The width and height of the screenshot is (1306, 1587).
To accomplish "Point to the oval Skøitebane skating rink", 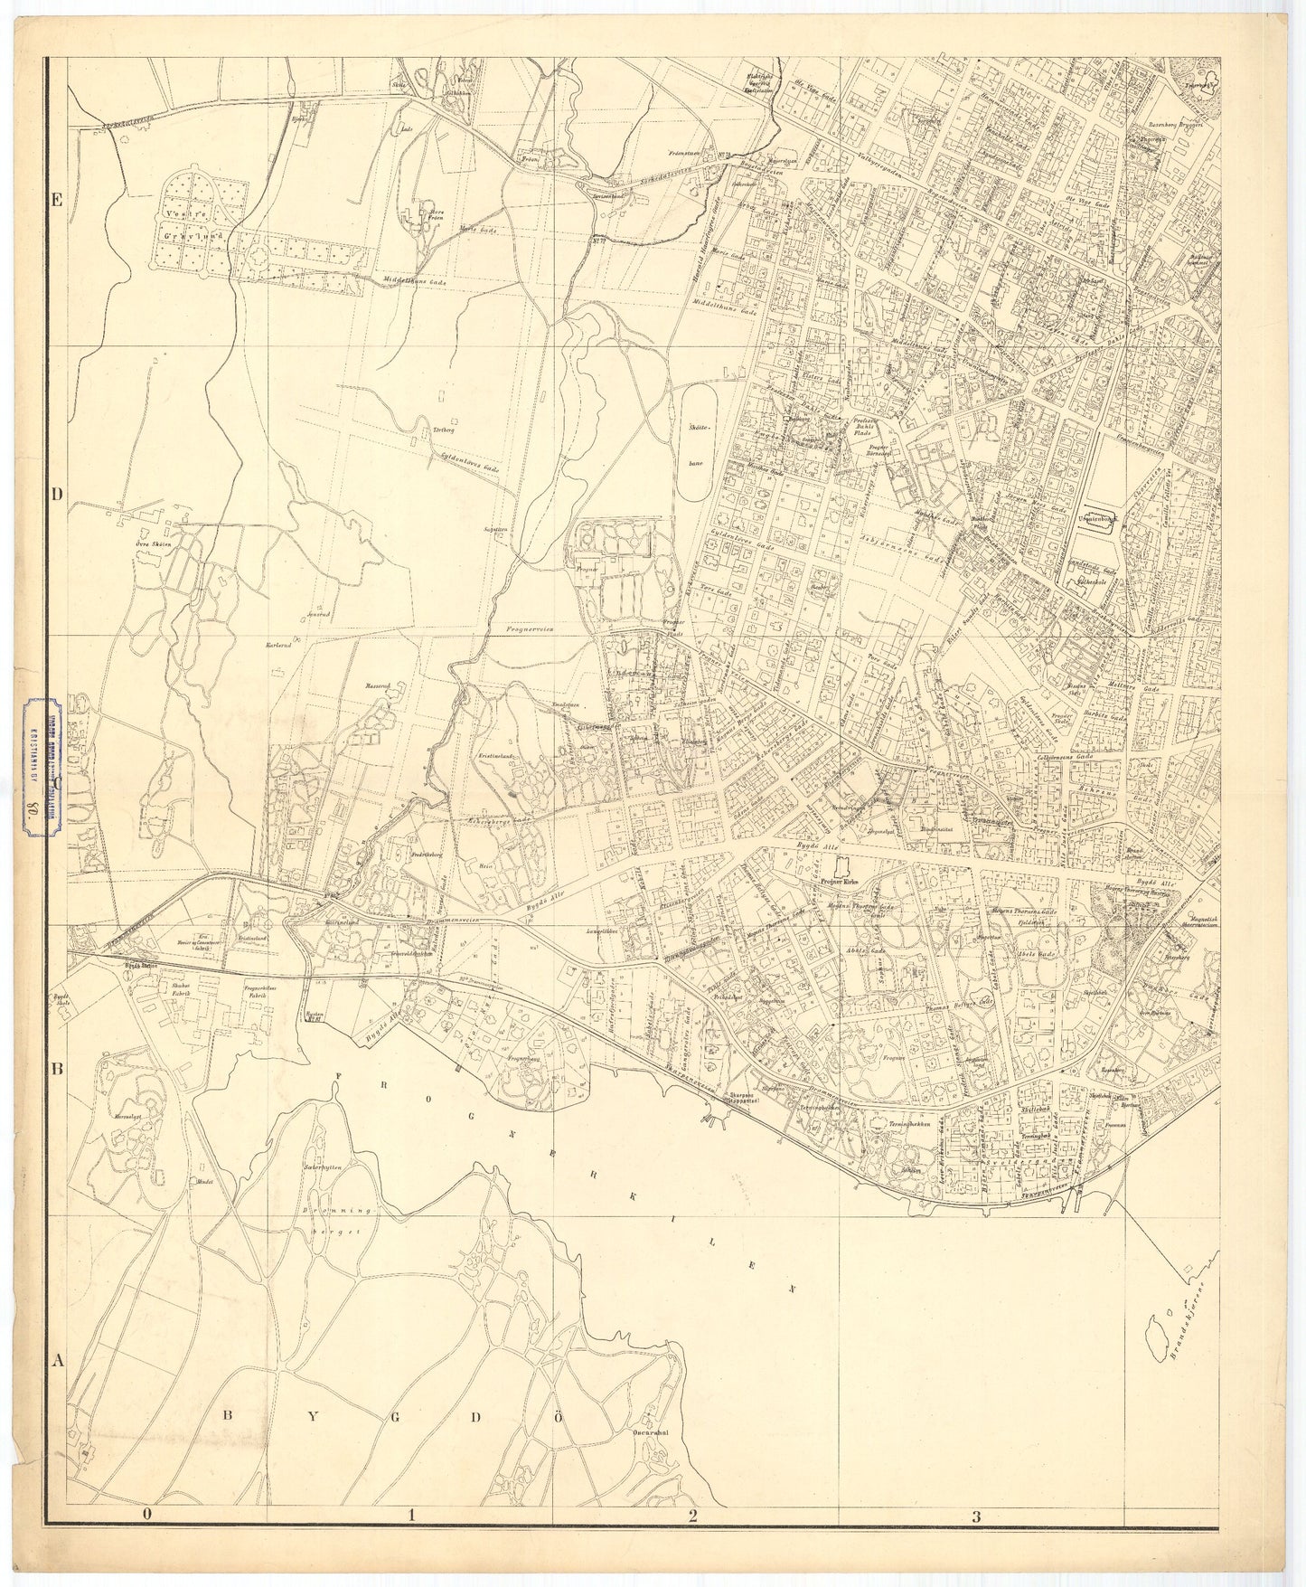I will pos(698,443).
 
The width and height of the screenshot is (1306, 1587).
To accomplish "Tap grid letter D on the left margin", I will pos(56,494).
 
